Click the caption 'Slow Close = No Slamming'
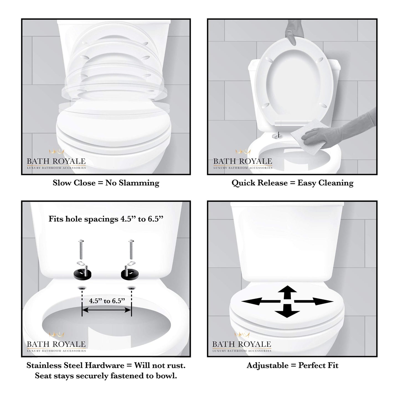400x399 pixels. [x=106, y=183]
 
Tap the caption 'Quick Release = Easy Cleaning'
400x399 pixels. [x=293, y=183]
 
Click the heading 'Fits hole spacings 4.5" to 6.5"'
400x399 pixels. [x=106, y=219]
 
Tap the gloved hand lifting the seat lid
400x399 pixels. [x=294, y=31]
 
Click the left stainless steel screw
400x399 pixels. [x=81, y=250]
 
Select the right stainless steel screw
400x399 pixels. [x=131, y=250]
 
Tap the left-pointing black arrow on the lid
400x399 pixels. [x=261, y=301]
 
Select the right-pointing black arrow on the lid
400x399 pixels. [x=314, y=301]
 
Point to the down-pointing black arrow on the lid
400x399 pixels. [x=287, y=311]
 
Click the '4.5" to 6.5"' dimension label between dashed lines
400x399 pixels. [x=107, y=301]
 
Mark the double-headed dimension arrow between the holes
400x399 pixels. [x=107, y=310]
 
